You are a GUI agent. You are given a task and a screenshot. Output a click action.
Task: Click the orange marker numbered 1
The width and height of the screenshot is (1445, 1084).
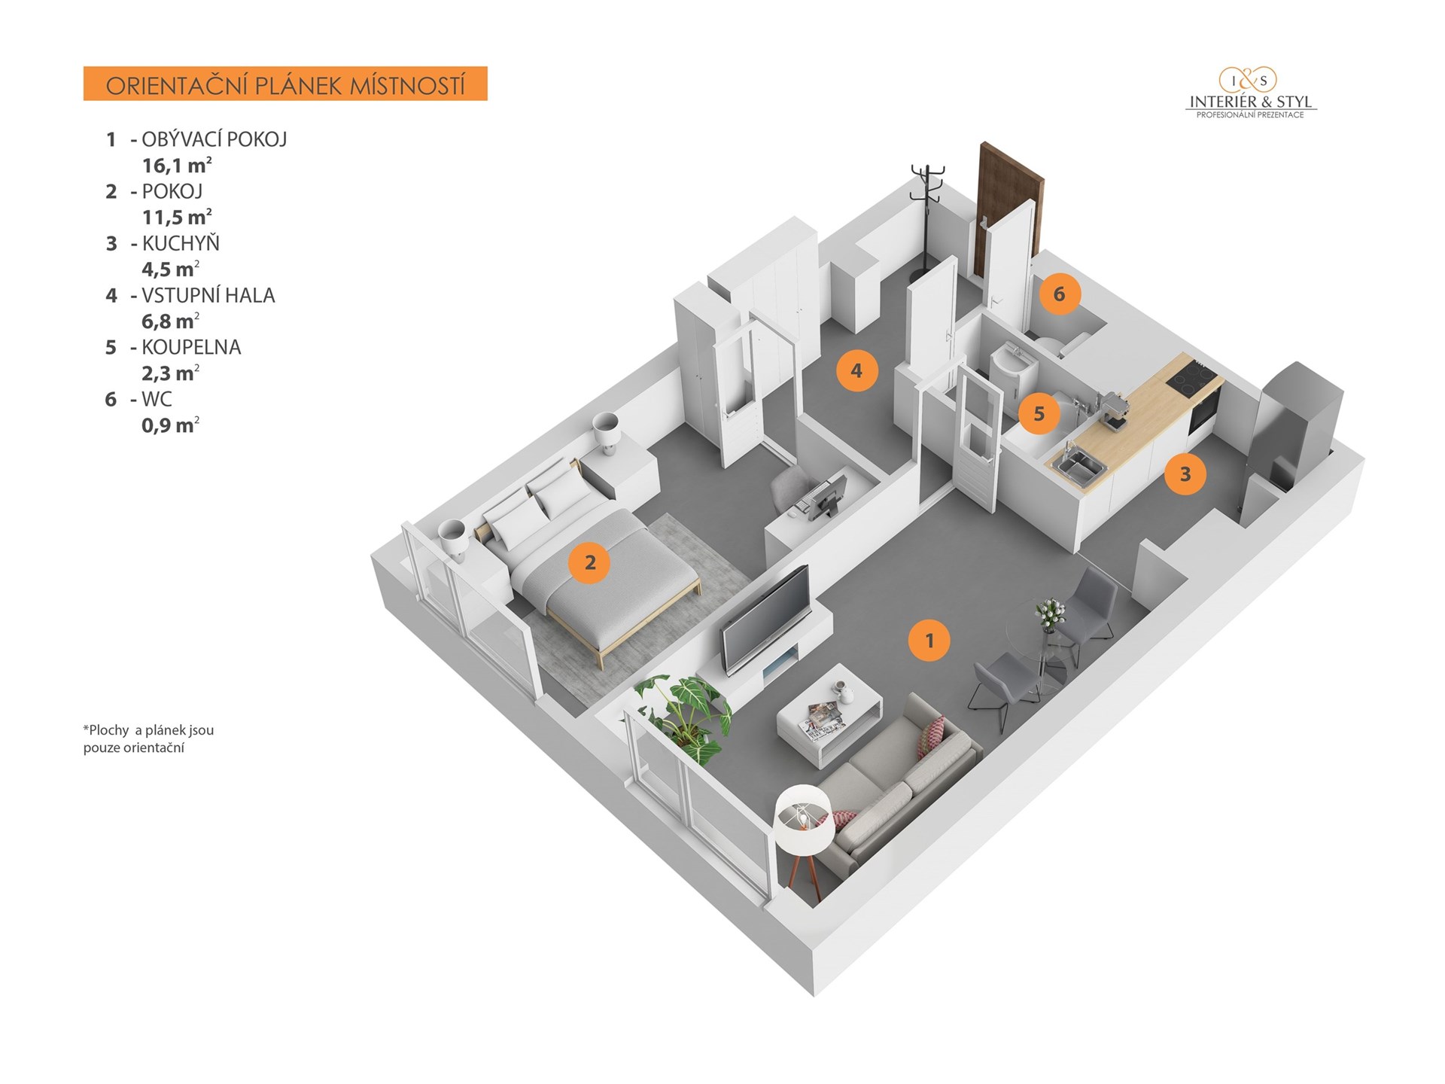929,641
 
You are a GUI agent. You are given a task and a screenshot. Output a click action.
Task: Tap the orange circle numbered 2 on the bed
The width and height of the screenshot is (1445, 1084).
590,562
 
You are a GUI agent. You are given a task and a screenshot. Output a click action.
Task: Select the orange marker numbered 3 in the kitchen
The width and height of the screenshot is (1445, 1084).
1185,474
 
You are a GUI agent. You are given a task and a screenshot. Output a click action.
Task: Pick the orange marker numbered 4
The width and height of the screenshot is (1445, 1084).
856,370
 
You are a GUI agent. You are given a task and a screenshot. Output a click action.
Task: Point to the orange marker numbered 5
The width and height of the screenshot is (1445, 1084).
1039,413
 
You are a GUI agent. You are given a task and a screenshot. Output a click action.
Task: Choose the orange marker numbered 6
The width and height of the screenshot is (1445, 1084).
1060,294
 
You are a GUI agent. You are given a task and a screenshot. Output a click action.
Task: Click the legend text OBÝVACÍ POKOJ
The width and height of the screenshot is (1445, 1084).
214,139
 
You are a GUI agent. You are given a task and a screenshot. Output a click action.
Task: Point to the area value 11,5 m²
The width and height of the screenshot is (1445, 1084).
177,218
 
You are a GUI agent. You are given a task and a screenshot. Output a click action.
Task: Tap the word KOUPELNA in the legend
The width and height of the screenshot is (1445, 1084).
191,347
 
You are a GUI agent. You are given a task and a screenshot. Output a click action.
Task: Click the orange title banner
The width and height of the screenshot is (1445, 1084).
285,84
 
